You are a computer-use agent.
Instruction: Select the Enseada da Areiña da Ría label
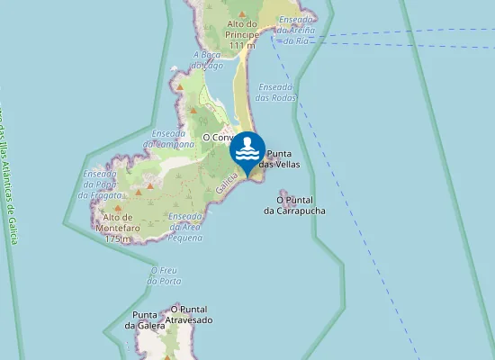296,30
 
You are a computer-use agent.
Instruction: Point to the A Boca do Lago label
208,59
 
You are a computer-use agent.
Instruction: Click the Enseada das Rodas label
276,93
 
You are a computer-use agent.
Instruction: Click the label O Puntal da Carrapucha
294,205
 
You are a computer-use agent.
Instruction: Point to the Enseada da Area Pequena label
185,227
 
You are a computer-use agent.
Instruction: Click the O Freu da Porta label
165,275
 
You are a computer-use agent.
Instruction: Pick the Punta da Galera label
146,319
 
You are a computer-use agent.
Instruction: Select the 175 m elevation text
118,239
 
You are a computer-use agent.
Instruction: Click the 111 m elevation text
242,45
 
